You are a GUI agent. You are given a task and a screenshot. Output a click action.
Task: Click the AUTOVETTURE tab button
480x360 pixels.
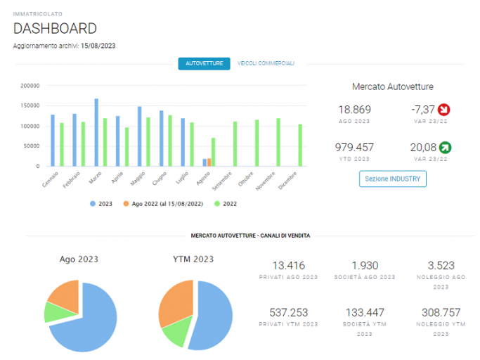[x=205, y=64]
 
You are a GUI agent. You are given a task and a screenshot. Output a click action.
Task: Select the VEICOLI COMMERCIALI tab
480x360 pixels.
[x=266, y=63]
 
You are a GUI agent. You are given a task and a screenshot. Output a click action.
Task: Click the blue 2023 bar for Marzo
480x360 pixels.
[x=96, y=132]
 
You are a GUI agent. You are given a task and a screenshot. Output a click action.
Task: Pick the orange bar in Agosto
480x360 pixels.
[x=209, y=162]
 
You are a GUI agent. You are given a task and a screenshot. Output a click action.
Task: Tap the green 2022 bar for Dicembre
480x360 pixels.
[x=300, y=146]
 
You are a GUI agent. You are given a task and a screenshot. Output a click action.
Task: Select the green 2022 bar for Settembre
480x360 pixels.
[x=235, y=144]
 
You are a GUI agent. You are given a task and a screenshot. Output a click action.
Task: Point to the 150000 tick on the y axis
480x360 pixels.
[x=30, y=105]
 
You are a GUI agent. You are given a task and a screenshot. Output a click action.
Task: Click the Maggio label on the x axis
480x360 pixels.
[x=138, y=179]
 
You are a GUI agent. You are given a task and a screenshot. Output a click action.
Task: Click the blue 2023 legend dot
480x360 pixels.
[x=93, y=204]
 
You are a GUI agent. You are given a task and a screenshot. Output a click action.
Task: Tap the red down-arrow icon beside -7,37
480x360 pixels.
[x=443, y=110]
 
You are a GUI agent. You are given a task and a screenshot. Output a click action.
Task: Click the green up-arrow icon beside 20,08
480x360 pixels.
[x=445, y=148]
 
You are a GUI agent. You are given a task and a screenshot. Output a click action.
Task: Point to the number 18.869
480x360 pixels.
[x=354, y=110]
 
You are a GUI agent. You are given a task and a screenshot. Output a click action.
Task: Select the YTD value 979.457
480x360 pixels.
[x=354, y=148]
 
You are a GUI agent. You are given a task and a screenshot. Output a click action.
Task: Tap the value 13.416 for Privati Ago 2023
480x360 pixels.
[x=289, y=265]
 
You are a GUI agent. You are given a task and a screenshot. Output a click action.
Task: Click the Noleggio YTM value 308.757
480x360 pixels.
[x=441, y=312]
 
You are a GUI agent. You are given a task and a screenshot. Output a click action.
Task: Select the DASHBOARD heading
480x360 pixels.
[x=55, y=29]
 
